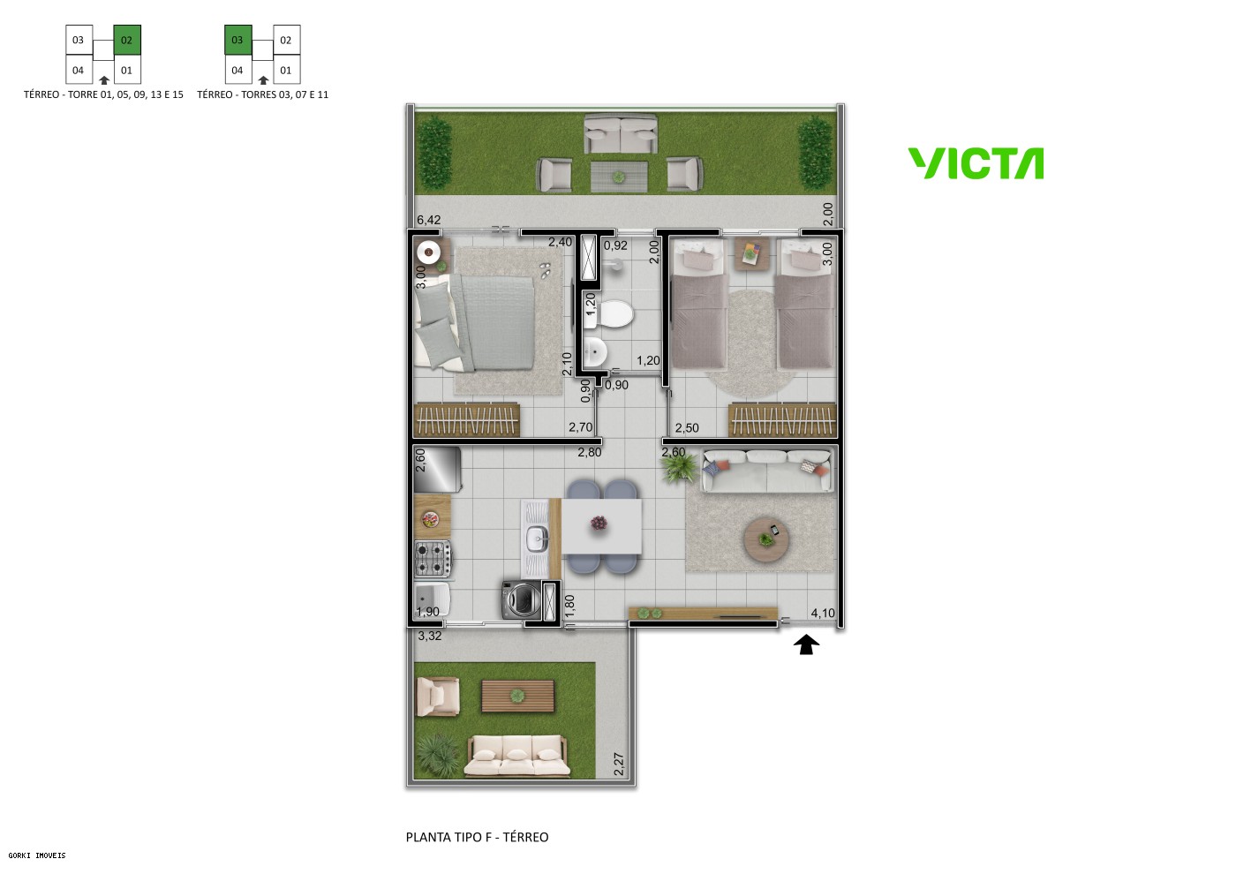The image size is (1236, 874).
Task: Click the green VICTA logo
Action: click(976, 164)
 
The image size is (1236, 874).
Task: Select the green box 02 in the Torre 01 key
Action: click(126, 41)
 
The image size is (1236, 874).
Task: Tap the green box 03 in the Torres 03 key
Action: click(237, 41)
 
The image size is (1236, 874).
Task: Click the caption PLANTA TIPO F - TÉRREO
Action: click(477, 837)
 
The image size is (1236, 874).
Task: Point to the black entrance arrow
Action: click(805, 645)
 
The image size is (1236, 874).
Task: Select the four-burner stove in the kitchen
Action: click(433, 559)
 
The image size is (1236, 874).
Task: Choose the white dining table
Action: click(602, 526)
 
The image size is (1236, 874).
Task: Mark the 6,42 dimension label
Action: click(428, 221)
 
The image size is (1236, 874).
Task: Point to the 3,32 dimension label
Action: click(430, 636)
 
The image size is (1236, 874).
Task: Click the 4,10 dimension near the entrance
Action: click(822, 613)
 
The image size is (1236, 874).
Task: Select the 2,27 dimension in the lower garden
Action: click(618, 764)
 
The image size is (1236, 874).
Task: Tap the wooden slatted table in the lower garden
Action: click(517, 697)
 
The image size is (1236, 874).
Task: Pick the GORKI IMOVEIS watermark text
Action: click(37, 855)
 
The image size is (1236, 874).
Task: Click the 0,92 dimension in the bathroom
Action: click(615, 245)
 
